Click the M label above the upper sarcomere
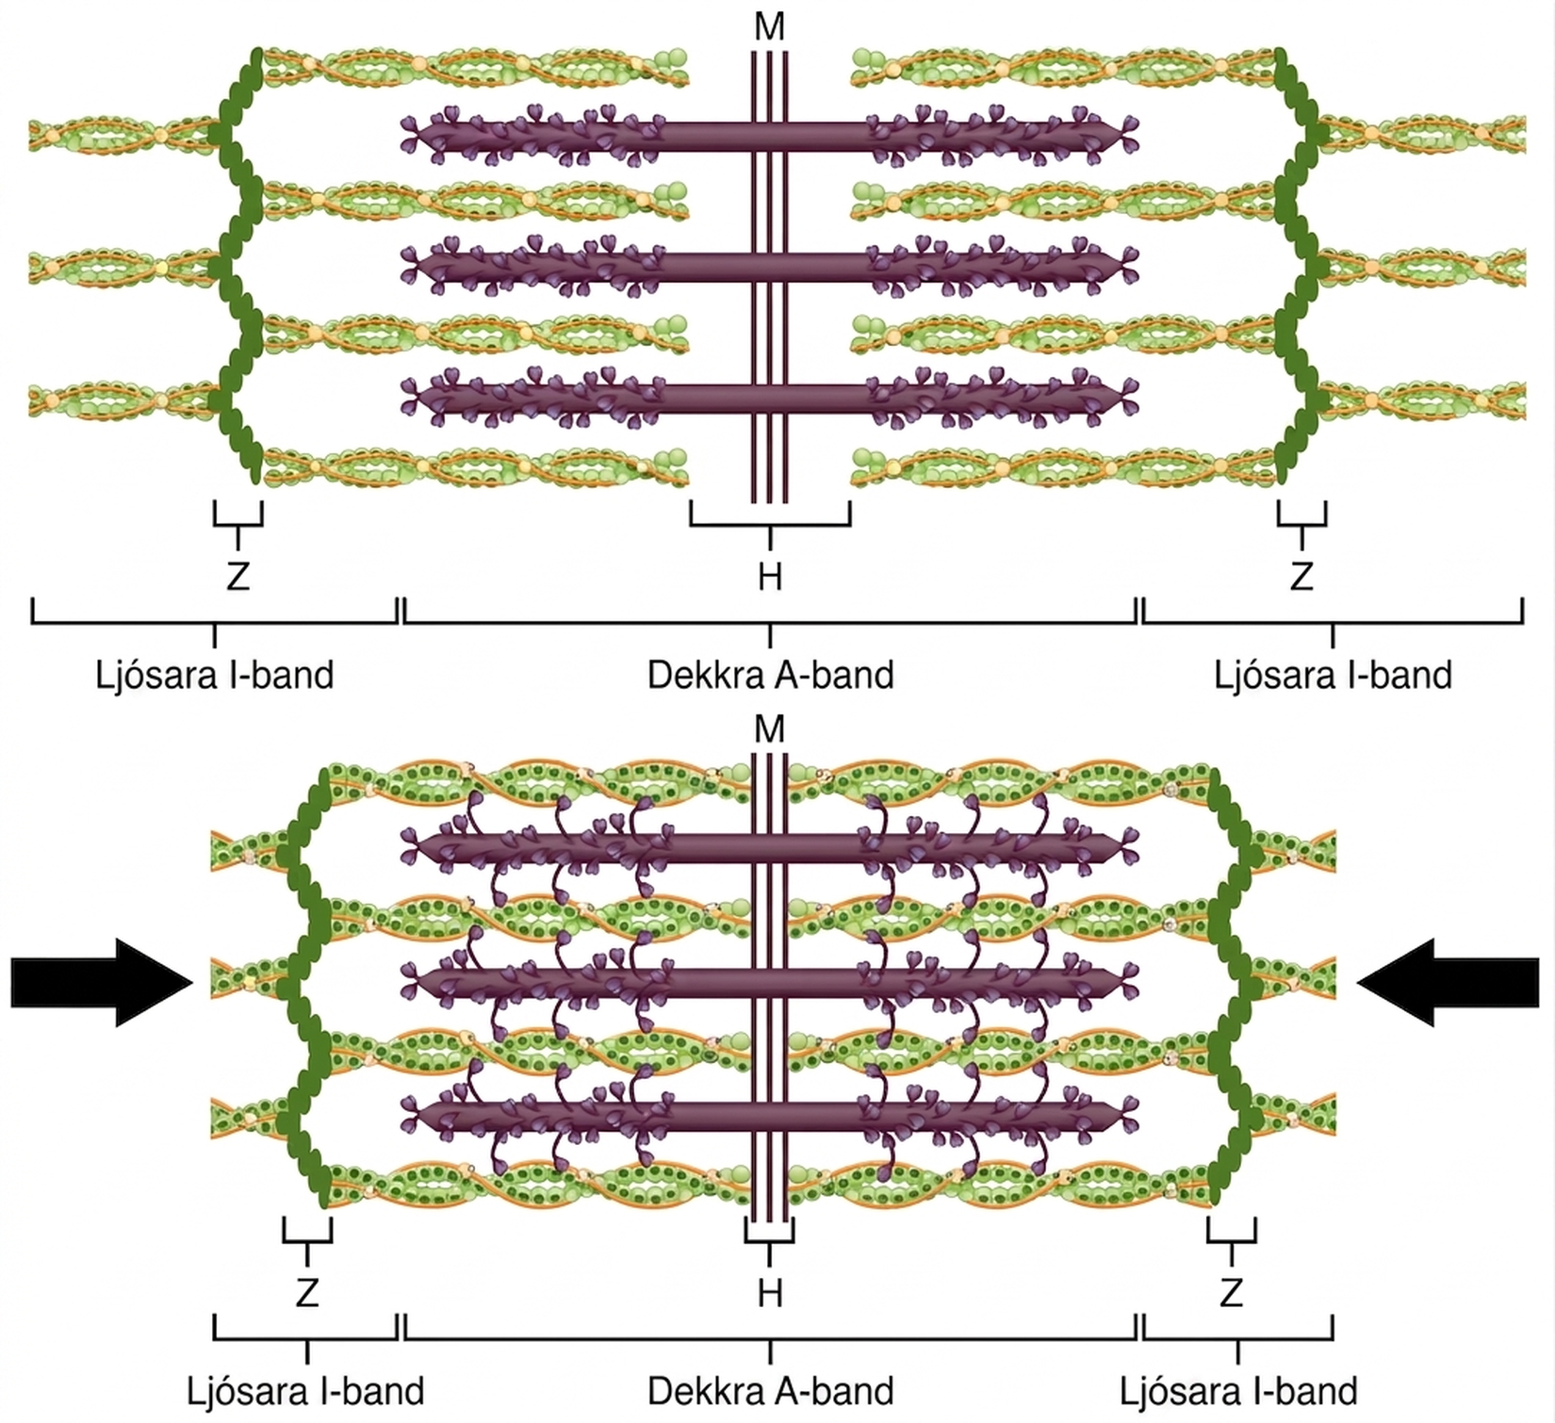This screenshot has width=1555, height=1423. [x=770, y=27]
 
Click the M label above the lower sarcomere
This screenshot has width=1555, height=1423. [x=770, y=728]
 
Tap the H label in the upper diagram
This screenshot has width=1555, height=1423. [x=770, y=576]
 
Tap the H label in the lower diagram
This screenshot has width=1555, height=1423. [x=770, y=1293]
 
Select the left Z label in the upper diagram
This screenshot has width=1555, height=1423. [x=237, y=576]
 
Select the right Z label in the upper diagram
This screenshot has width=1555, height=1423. [x=1301, y=576]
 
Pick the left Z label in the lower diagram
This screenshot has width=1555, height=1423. [x=307, y=1293]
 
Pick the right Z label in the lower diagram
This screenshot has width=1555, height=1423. [x=1231, y=1293]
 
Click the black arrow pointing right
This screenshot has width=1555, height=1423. [x=102, y=982]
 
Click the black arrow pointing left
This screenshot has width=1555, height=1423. [x=1448, y=982]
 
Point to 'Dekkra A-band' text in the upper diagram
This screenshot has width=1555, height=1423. [x=770, y=676]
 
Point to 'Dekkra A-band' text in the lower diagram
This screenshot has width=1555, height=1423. [x=770, y=1391]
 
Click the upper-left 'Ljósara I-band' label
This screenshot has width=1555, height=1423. [x=215, y=676]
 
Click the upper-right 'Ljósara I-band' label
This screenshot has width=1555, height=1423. [x=1333, y=676]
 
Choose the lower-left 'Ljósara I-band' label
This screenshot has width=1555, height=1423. [x=305, y=1391]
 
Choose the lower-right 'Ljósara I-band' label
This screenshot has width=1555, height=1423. [x=1238, y=1391]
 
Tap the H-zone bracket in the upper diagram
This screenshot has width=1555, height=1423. [x=770, y=525]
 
